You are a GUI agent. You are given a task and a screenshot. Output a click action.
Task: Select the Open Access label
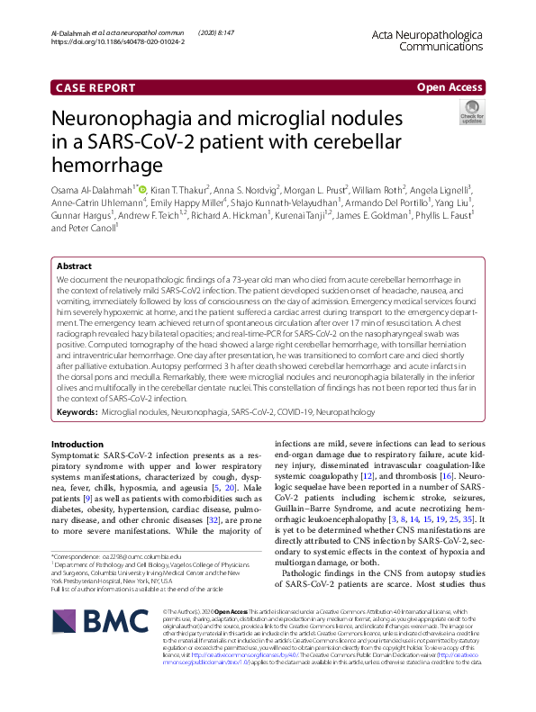pos(449,87)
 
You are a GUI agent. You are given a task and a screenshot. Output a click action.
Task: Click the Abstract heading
pos(74,242)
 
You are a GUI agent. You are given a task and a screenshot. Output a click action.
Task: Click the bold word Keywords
pos(77,410)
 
